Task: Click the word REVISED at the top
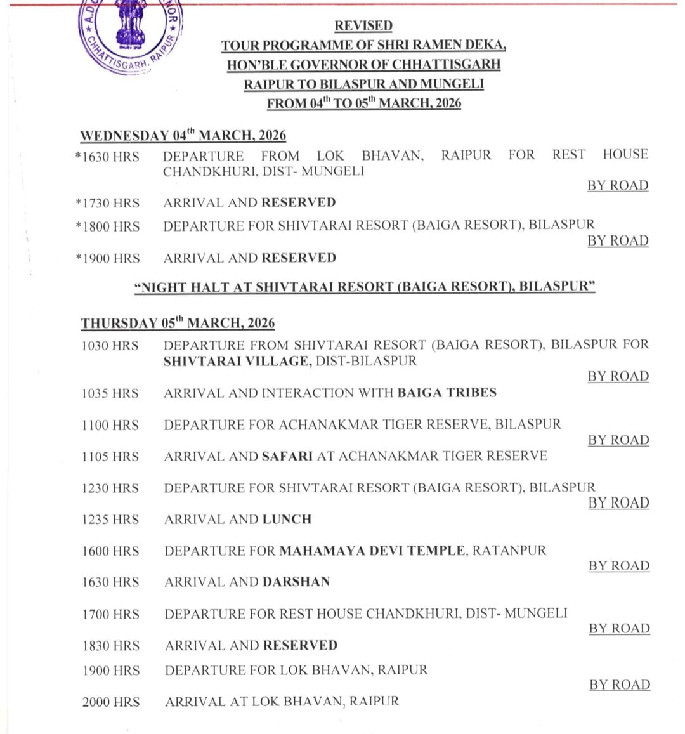tap(363, 26)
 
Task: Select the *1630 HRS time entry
tap(107, 156)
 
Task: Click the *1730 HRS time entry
tap(107, 203)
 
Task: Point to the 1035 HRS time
tap(110, 393)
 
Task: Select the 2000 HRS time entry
tap(111, 702)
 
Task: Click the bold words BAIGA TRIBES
tap(447, 393)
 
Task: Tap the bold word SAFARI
tap(287, 456)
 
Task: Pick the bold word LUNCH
tap(287, 519)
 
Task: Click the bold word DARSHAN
tap(296, 582)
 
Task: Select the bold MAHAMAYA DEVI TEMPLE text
tap(372, 551)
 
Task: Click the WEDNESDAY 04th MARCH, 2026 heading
tap(183, 136)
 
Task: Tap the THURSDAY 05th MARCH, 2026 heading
tap(178, 323)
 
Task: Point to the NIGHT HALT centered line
tap(365, 287)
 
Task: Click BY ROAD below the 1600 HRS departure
tap(618, 566)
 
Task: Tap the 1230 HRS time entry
tap(110, 488)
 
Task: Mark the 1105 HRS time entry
tap(110, 457)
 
